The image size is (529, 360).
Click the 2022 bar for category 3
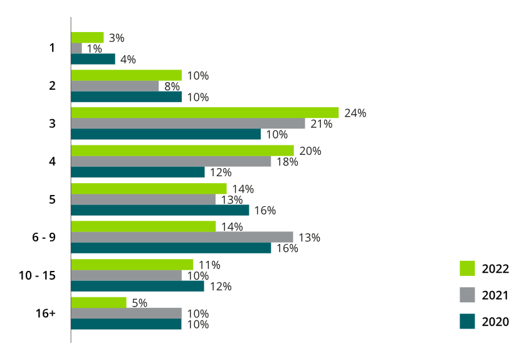tap(204, 113)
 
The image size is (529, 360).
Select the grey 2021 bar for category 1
tap(76, 48)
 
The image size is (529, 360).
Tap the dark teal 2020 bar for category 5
tap(160, 210)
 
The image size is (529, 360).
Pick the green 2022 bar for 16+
tap(98, 303)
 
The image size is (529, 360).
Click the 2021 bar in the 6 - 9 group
tap(182, 237)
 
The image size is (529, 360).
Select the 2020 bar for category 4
tap(138, 172)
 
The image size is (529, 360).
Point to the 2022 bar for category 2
tap(126, 75)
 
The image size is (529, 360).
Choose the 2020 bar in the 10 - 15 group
tap(137, 286)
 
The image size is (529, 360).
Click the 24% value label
tap(355, 114)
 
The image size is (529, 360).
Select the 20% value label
tap(310, 151)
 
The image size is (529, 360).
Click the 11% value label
tap(209, 265)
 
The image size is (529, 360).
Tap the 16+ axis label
tap(47, 313)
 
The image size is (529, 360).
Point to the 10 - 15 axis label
tap(38, 275)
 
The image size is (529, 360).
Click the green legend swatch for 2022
tap(468, 268)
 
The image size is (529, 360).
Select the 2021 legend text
tap(495, 295)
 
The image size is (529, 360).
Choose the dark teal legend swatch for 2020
tap(468, 321)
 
